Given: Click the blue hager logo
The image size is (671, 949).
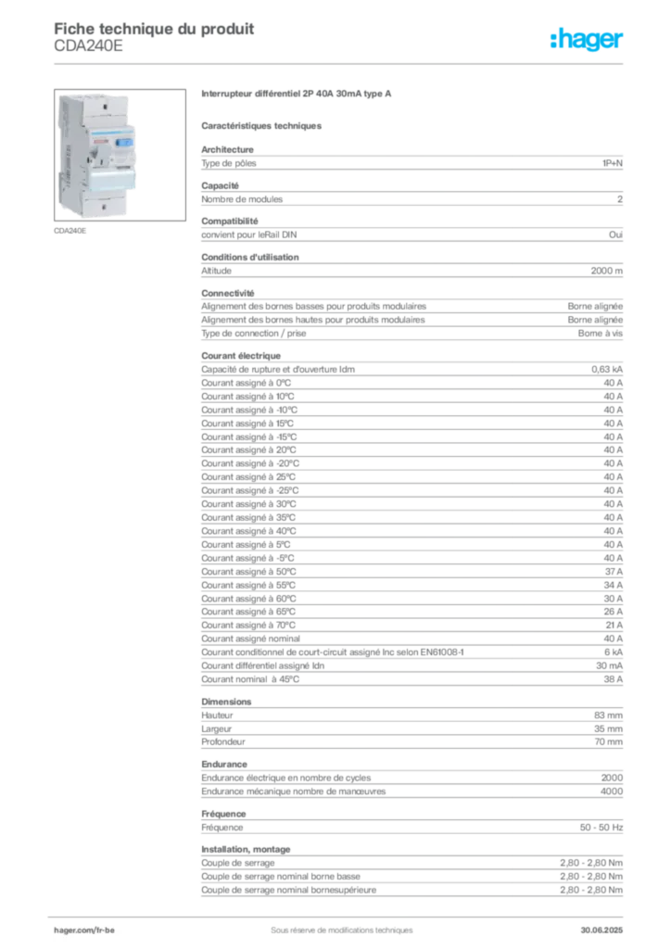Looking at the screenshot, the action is [x=588, y=40].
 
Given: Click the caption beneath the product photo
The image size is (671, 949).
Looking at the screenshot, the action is [x=70, y=232].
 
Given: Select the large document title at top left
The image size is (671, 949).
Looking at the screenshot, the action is [x=154, y=27].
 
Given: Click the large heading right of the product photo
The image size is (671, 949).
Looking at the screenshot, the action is [x=297, y=95].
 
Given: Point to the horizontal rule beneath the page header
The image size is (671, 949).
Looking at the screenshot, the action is [x=340, y=62].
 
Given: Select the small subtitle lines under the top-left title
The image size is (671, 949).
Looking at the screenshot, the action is [x=87, y=52].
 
